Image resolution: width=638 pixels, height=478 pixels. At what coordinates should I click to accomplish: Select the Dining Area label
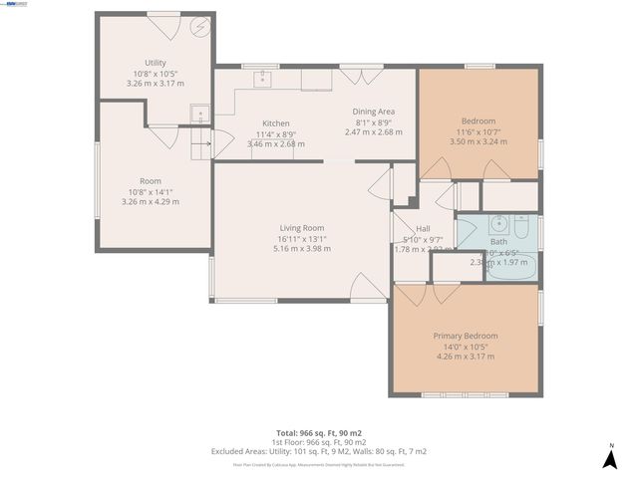(374, 111)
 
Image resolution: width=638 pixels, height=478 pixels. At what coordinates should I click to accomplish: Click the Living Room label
(301, 228)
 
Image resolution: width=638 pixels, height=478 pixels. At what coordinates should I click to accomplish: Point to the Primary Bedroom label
(465, 336)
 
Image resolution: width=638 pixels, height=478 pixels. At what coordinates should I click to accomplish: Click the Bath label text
(498, 242)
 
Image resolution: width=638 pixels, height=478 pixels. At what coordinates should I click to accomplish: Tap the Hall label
(424, 228)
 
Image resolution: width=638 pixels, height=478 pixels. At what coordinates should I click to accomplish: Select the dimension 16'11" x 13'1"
(301, 239)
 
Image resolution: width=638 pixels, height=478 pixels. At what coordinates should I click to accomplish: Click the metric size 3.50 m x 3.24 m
(478, 141)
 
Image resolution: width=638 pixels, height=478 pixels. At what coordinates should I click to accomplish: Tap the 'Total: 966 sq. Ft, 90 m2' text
(319, 433)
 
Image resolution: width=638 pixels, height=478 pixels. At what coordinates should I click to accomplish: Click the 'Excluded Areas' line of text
(319, 451)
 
